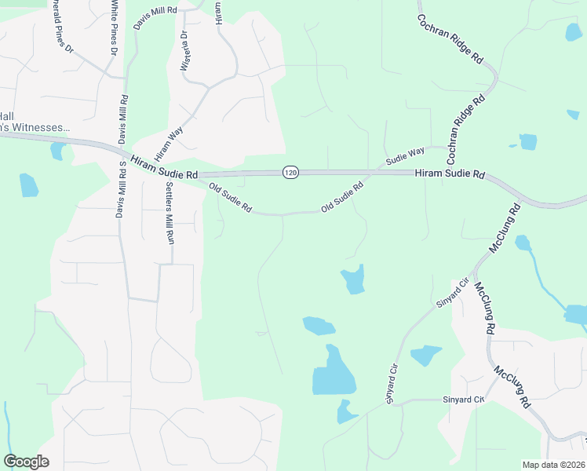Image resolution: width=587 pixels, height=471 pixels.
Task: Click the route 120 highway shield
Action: [x=290, y=172]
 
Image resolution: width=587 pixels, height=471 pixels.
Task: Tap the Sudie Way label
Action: [x=405, y=155]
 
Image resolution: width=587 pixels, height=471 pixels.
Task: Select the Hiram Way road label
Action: [x=169, y=138]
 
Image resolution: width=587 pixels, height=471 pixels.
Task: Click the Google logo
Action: [x=26, y=462]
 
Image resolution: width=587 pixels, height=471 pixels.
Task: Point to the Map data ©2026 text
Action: [x=552, y=465]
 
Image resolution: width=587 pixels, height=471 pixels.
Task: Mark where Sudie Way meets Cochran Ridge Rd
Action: [x=455, y=149]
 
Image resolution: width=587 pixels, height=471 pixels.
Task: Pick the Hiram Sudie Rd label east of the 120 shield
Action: [x=450, y=174]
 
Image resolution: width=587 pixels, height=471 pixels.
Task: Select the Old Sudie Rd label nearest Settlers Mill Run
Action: [x=230, y=198]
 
